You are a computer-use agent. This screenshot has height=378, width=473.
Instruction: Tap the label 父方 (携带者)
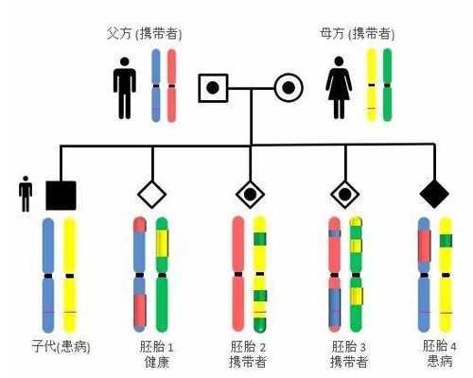pyautogui.click(x=143, y=34)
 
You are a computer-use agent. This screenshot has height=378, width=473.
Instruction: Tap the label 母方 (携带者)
pyautogui.click(x=358, y=34)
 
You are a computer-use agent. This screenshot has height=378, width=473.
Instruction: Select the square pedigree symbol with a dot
pyautogui.click(x=213, y=90)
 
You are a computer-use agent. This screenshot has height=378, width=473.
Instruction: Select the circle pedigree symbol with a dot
pyautogui.click(x=289, y=90)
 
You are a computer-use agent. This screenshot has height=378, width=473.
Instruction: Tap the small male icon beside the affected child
pyautogui.click(x=26, y=195)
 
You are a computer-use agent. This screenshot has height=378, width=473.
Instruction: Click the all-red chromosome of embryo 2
pyautogui.click(x=237, y=274)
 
